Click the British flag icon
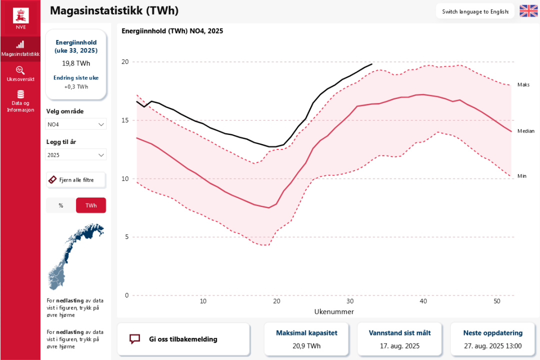pyautogui.click(x=528, y=11)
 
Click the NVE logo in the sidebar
pyautogui.click(x=20, y=18)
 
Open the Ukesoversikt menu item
pyautogui.click(x=20, y=73)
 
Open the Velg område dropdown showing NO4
pyautogui.click(x=76, y=124)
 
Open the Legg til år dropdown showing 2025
pyautogui.click(x=76, y=155)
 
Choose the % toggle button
pyautogui.click(x=61, y=205)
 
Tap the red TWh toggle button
pyautogui.click(x=91, y=205)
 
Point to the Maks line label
pyautogui.click(x=523, y=85)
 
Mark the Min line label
pyautogui.click(x=521, y=176)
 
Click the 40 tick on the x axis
pyautogui.click(x=423, y=301)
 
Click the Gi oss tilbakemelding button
pyautogui.click(x=183, y=339)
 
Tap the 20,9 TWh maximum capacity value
pyautogui.click(x=306, y=345)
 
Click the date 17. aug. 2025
pyautogui.click(x=399, y=345)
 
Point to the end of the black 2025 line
pyautogui.click(x=372, y=63)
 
